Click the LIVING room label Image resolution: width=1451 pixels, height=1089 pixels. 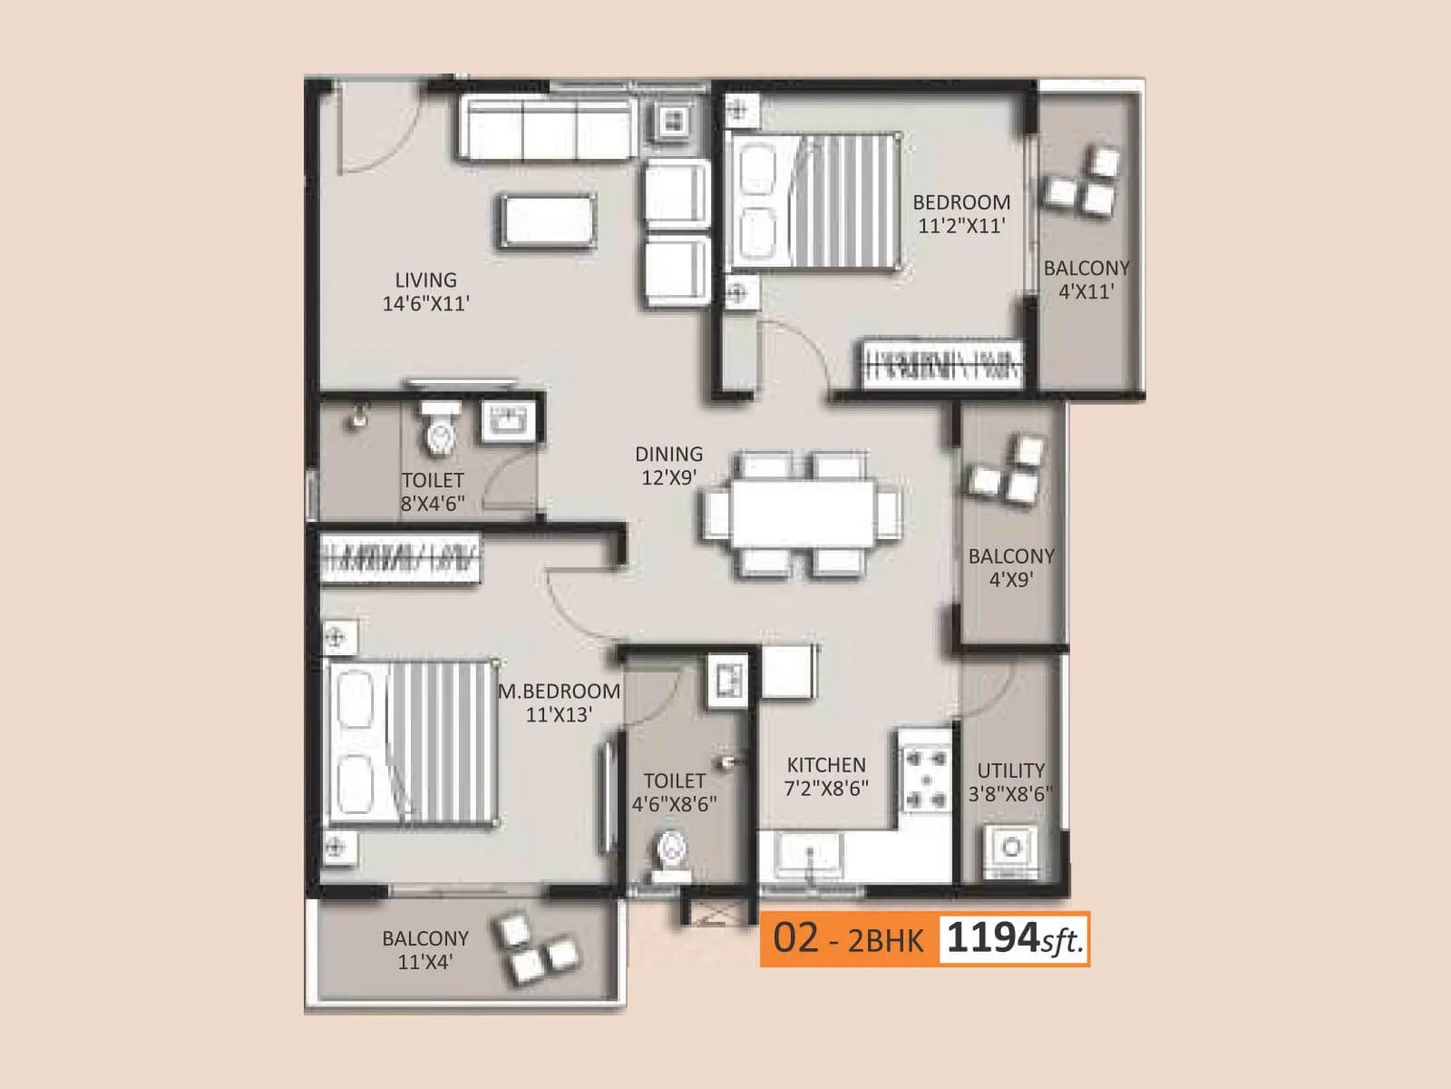pyautogui.click(x=425, y=280)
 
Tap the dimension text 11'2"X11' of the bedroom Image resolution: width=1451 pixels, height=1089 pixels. pyautogui.click(x=961, y=226)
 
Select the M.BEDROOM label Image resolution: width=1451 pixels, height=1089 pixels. pyautogui.click(x=559, y=692)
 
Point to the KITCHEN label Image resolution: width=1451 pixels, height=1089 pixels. pyautogui.click(x=826, y=765)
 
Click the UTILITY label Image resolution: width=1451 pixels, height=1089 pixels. pyautogui.click(x=1010, y=770)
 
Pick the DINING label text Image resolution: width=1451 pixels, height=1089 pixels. pyautogui.click(x=668, y=454)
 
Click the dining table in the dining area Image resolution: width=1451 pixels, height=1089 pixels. pyautogui.click(x=803, y=514)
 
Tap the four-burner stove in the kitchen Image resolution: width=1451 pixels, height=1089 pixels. pyautogui.click(x=925, y=776)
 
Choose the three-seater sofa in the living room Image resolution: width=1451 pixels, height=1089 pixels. pyautogui.click(x=547, y=126)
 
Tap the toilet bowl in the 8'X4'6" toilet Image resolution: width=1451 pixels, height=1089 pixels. pyautogui.click(x=440, y=431)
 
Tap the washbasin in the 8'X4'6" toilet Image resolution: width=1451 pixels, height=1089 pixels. pyautogui.click(x=506, y=421)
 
